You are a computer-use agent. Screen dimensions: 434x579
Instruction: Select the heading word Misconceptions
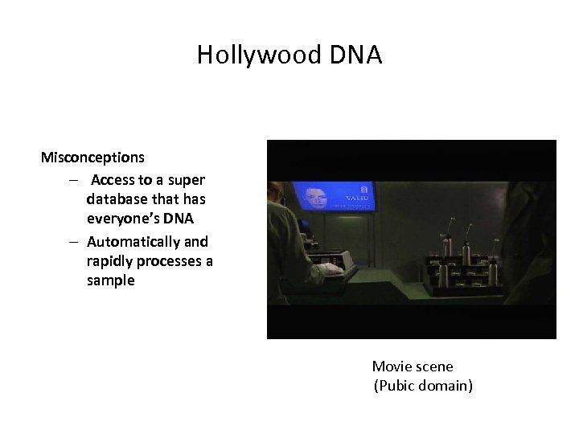click(92, 157)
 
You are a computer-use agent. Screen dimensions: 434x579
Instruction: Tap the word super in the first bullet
click(187, 180)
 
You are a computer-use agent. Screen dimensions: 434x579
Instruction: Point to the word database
click(118, 199)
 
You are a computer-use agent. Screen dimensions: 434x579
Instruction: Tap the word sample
click(111, 280)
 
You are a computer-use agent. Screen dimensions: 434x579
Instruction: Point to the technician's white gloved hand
click(331, 270)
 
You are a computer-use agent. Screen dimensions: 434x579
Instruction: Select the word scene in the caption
click(435, 366)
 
